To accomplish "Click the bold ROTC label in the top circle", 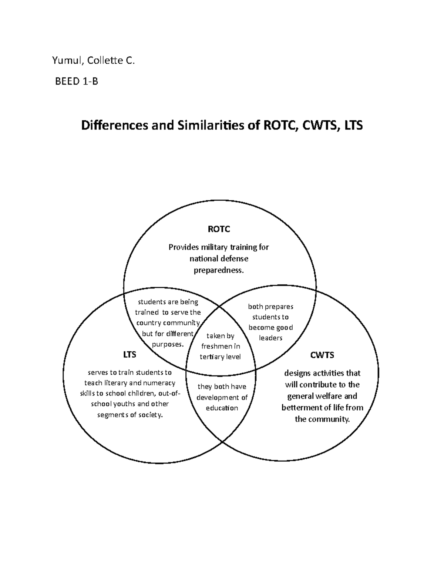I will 219,229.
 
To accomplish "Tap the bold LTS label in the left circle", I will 129,355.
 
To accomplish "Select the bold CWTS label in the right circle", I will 322,355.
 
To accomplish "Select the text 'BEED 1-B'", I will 77,81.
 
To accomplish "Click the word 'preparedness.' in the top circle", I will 219,270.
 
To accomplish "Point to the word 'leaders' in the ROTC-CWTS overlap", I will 270,338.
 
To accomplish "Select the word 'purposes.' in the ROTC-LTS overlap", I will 168,344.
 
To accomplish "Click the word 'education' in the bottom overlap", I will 222,408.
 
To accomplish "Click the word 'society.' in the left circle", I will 150,415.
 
